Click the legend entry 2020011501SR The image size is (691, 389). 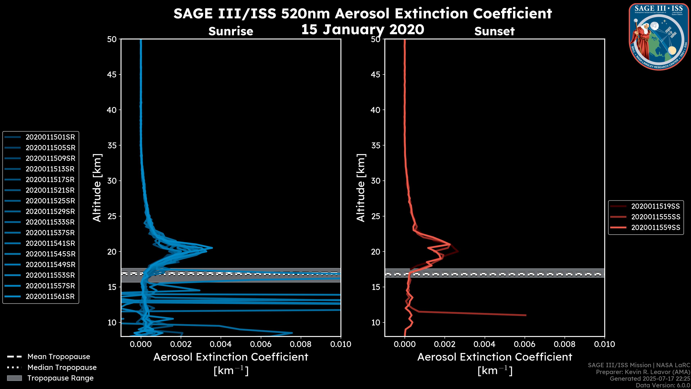(x=50, y=137)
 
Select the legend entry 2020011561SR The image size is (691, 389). (x=50, y=297)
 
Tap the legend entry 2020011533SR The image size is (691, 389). (x=50, y=222)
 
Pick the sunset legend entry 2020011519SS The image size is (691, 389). (x=655, y=206)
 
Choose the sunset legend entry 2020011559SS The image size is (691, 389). (x=655, y=228)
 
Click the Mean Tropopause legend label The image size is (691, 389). (x=59, y=357)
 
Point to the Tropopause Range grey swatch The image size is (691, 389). (x=14, y=378)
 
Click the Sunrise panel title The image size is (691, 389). (x=231, y=31)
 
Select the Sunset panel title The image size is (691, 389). (x=494, y=31)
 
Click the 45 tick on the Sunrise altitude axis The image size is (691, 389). (x=112, y=75)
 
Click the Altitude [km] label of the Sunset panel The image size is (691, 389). (x=361, y=188)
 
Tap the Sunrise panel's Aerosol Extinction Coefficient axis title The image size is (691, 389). (x=231, y=357)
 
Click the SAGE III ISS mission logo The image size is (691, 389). (x=659, y=37)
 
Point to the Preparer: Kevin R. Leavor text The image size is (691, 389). (x=643, y=372)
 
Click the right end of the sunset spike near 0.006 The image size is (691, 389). (x=526, y=315)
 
